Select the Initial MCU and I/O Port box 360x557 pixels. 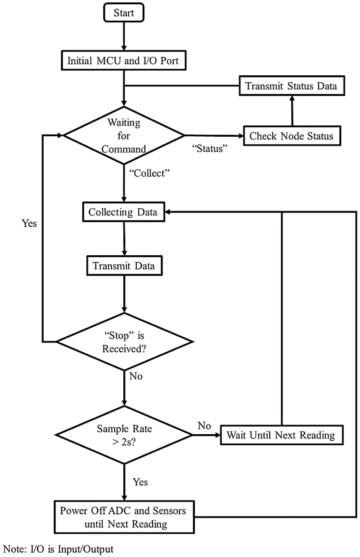pyautogui.click(x=123, y=61)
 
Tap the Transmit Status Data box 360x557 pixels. pyautogui.click(x=291, y=85)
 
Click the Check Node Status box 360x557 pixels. pyautogui.click(x=291, y=136)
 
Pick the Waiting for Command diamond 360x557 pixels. pyautogui.click(x=124, y=135)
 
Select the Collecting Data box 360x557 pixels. pyautogui.click(x=123, y=212)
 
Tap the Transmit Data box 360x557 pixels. pyautogui.click(x=124, y=266)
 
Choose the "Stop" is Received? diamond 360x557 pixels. pyautogui.click(x=124, y=341)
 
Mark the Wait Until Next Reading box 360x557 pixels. pyautogui.click(x=281, y=435)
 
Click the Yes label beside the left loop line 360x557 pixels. pyautogui.click(x=29, y=223)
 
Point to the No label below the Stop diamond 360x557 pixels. pyautogui.click(x=136, y=376)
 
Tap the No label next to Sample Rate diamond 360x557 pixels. pyautogui.click(x=204, y=425)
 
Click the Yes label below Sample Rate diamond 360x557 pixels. pyautogui.click(x=140, y=482)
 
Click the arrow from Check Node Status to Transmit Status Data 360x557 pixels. pyautogui.click(x=291, y=110)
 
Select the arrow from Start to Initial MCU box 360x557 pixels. pyautogui.click(x=123, y=36)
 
